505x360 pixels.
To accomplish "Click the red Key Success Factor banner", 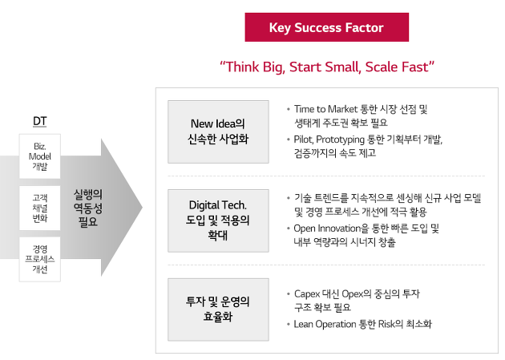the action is [326, 27].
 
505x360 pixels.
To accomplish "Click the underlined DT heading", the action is [39, 121].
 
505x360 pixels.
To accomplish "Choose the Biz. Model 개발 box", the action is [39, 156].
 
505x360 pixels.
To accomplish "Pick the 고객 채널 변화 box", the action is [39, 208].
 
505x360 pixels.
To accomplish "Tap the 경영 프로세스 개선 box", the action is [39, 259].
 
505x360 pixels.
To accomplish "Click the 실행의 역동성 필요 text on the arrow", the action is [88, 208].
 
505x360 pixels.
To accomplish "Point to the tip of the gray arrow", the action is [142, 208].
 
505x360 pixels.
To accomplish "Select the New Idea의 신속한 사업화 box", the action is [218, 131].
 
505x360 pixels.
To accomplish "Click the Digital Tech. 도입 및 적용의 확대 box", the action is [218, 220].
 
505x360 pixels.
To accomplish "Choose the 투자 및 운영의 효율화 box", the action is [218, 309].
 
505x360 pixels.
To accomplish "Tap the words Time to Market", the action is [325, 109].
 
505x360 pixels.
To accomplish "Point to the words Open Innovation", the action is [327, 229].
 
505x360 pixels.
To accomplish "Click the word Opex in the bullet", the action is [353, 294].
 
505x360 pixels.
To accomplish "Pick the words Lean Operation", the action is [325, 324].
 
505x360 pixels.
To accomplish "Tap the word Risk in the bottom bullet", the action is [386, 324].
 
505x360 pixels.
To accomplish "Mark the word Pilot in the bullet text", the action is [303, 140].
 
